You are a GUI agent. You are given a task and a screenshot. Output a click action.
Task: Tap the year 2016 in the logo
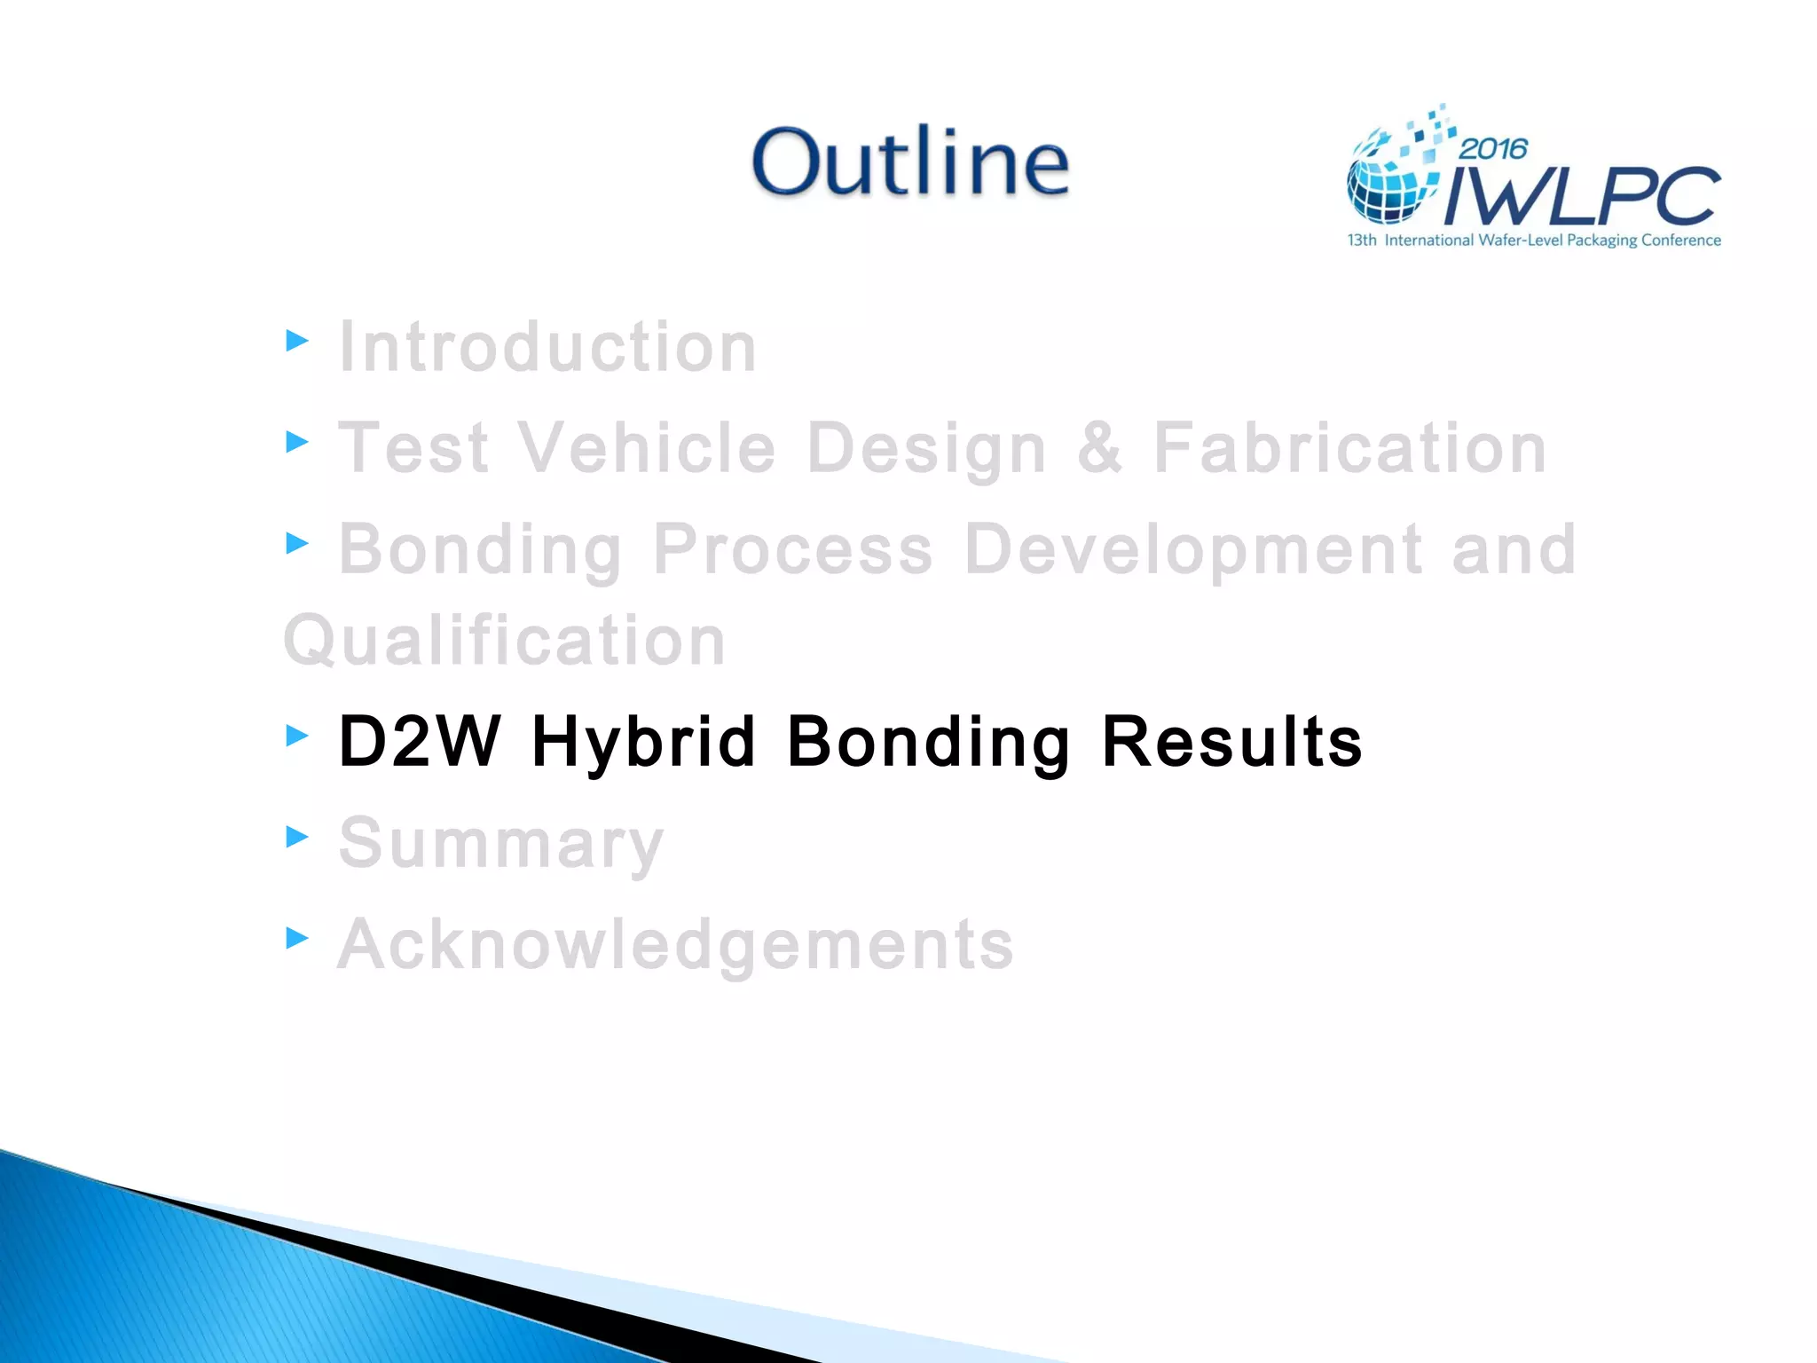pyautogui.click(x=1493, y=148)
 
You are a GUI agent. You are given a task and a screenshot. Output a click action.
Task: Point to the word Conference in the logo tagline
pyautogui.click(x=1680, y=240)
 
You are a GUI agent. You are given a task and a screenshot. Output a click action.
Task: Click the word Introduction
pyautogui.click(x=547, y=347)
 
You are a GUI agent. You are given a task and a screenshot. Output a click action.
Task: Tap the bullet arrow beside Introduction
pyautogui.click(x=297, y=341)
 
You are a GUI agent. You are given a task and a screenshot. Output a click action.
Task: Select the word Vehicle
pyautogui.click(x=647, y=448)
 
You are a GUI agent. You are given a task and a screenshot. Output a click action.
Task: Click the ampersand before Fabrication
pyautogui.click(x=1099, y=448)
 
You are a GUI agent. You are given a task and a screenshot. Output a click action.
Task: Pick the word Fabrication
pyautogui.click(x=1349, y=448)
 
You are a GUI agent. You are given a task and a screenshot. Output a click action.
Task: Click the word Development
pyautogui.click(x=1193, y=550)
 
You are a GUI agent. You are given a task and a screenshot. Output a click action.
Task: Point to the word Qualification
pyautogui.click(x=505, y=641)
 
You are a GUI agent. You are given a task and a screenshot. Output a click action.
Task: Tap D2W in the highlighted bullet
pyautogui.click(x=420, y=742)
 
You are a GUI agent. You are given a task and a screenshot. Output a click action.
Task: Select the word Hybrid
pyautogui.click(x=643, y=742)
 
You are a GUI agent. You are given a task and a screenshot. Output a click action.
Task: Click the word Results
pyautogui.click(x=1231, y=742)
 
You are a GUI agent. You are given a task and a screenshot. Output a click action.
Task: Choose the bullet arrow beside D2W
pyautogui.click(x=297, y=735)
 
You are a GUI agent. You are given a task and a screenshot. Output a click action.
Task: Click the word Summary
pyautogui.click(x=501, y=843)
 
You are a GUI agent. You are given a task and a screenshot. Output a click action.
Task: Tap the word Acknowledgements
pyautogui.click(x=675, y=944)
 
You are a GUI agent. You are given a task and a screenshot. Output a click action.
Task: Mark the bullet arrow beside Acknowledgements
pyautogui.click(x=297, y=938)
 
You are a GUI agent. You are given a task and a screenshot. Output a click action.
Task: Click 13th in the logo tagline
pyautogui.click(x=1362, y=240)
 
